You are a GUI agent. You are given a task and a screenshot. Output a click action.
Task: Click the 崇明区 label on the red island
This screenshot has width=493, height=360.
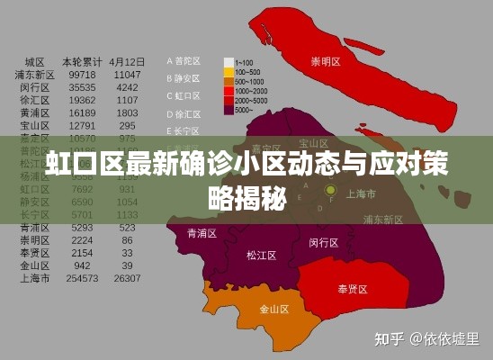327,62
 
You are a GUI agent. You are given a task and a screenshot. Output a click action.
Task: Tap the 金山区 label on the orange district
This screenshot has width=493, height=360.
273,309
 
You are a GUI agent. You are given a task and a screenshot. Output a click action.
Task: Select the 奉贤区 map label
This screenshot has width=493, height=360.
352,289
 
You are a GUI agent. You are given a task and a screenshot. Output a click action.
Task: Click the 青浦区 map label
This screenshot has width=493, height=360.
202,232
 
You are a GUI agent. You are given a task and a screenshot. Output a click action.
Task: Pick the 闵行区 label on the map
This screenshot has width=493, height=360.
323,242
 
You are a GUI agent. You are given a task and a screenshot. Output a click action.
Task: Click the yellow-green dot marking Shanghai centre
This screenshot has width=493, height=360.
331,190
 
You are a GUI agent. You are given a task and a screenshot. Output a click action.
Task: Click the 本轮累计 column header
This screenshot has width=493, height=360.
81,61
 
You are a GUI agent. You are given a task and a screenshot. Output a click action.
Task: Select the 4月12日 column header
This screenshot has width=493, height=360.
127,61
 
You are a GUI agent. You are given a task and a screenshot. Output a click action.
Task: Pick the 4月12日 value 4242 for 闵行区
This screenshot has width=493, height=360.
127,87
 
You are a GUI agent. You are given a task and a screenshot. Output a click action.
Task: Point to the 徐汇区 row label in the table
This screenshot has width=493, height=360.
35,101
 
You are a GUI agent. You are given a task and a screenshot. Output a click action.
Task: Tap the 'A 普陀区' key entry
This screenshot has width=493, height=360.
184,61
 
